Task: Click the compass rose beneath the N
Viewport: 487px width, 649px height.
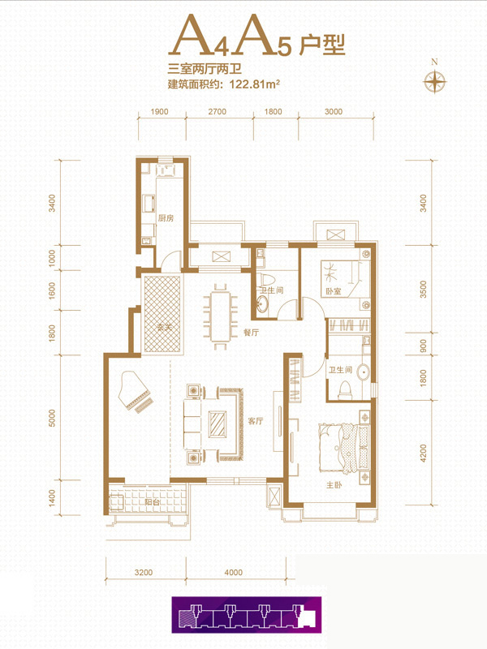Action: point(434,81)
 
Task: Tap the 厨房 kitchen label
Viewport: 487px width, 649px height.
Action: point(166,217)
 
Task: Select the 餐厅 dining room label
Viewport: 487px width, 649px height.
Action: point(251,332)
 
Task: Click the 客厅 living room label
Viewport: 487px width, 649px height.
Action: point(255,421)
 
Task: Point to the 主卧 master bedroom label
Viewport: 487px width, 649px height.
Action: point(334,484)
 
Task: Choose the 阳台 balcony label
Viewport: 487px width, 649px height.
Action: point(153,502)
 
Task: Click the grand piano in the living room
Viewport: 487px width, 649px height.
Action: point(133,392)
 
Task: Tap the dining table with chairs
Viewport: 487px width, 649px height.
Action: point(220,316)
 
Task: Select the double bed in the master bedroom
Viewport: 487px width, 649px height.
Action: point(343,447)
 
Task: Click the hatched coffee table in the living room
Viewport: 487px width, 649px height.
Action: point(218,423)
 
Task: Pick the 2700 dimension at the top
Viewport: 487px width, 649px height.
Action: point(217,111)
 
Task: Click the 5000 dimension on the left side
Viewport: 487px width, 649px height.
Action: point(52,418)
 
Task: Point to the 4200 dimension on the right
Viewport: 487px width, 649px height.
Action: point(422,453)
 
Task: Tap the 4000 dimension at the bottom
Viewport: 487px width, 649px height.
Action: point(233,573)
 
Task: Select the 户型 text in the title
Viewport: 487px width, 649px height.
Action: point(321,45)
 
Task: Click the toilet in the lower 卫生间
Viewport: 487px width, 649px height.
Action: point(344,391)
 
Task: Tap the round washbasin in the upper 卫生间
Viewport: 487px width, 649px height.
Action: point(262,304)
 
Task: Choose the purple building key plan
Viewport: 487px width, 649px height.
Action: point(247,615)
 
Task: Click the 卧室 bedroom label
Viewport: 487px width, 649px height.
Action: point(334,291)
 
